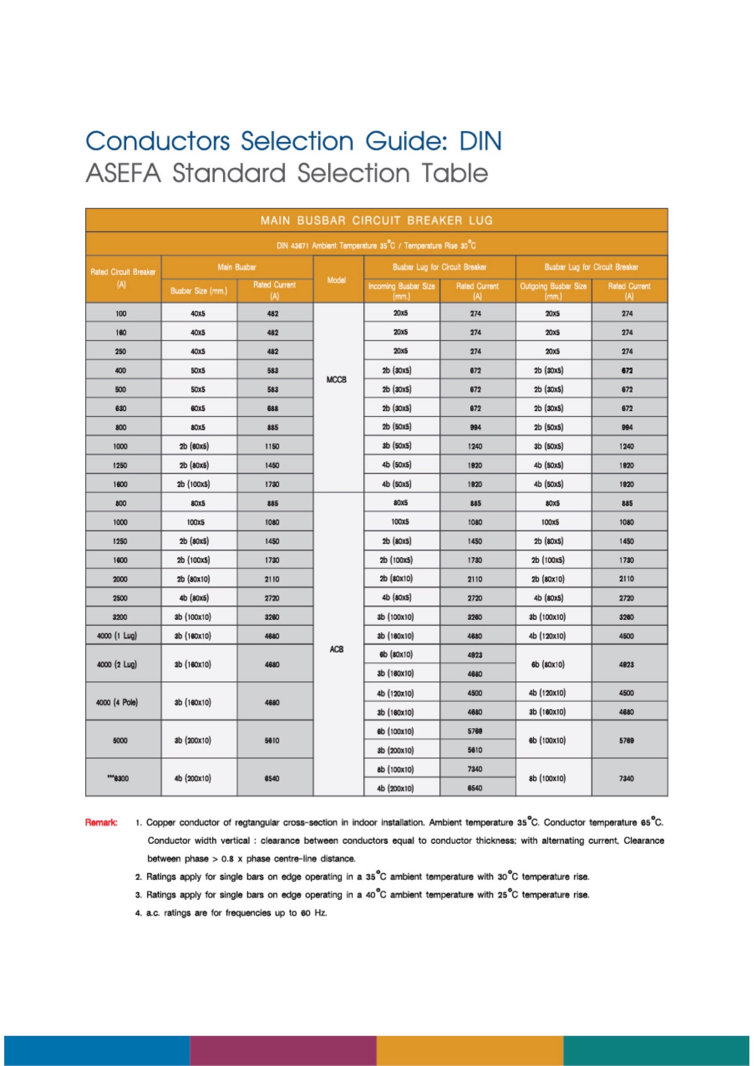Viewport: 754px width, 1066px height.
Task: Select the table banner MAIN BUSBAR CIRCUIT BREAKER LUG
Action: tap(377, 220)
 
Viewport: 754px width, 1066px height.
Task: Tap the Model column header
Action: tap(336, 280)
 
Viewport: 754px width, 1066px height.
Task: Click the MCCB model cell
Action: tap(336, 380)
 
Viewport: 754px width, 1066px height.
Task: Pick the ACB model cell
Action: tap(336, 649)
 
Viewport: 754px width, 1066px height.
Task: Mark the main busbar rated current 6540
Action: tap(272, 778)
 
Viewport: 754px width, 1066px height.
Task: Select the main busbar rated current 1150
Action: tap(272, 446)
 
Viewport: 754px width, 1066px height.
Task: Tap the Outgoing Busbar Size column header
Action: tap(553, 291)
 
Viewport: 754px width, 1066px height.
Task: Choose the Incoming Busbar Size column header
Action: tap(401, 291)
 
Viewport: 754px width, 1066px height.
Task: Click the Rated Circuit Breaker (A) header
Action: tap(123, 279)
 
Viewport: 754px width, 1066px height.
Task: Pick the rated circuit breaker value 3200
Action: tap(120, 617)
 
